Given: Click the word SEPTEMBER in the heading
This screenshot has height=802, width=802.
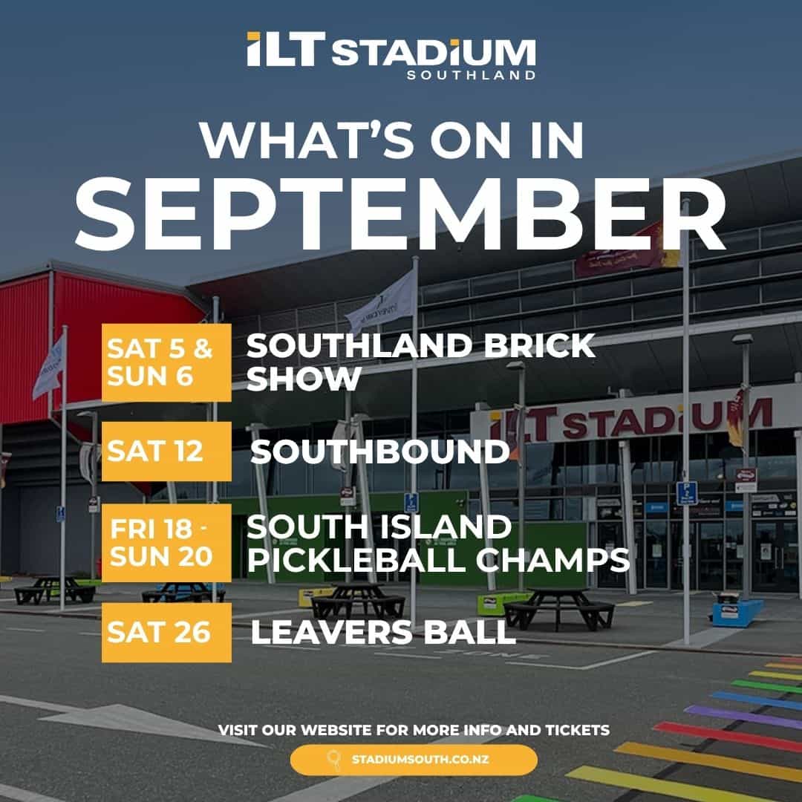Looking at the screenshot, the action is click(400, 214).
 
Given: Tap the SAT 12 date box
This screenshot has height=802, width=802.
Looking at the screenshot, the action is click(166, 451).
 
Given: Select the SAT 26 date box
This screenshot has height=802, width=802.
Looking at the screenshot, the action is click(166, 632).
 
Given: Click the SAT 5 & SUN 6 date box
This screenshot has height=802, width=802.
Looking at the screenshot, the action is click(166, 362).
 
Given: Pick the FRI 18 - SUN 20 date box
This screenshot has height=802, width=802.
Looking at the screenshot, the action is click(166, 543).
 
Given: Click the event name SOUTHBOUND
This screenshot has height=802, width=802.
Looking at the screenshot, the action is click(379, 451).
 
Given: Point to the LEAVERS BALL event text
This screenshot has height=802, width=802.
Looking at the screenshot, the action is click(383, 632).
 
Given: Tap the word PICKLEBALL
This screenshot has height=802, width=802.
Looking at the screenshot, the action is click(356, 560).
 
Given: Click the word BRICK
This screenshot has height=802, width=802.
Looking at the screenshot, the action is click(539, 346).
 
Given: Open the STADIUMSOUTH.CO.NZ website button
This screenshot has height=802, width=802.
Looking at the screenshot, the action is click(414, 760).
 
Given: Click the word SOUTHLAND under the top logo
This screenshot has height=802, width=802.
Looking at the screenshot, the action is click(471, 75).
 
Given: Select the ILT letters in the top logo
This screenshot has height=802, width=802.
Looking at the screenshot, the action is click(285, 49).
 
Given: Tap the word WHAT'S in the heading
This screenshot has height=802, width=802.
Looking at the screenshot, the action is click(306, 140).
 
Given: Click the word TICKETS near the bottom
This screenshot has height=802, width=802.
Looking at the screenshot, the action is click(578, 730).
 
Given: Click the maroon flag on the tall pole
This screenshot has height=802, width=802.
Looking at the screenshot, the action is click(629, 251).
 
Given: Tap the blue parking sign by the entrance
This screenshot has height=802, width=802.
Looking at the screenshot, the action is click(686, 493).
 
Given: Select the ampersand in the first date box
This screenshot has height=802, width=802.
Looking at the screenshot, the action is click(203, 349).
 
